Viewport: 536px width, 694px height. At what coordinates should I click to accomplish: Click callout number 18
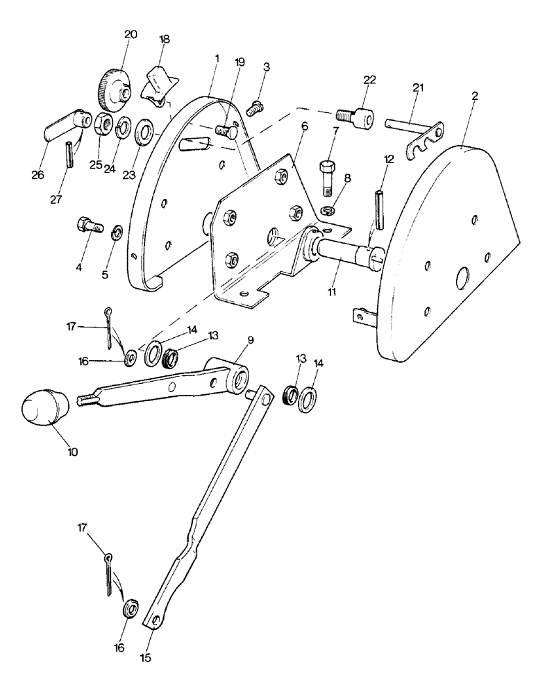click(165, 39)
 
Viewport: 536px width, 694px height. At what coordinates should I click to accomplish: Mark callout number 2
click(475, 95)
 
